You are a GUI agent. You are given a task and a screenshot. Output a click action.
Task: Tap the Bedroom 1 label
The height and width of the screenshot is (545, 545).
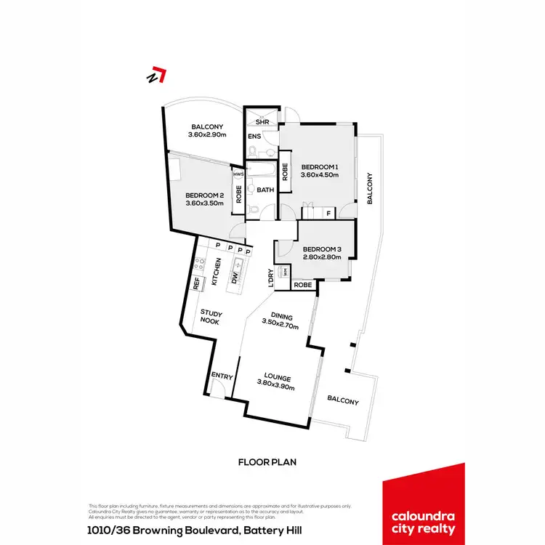pos(320,165)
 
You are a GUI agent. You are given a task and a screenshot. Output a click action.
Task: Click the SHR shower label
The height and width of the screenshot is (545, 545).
pos(262,123)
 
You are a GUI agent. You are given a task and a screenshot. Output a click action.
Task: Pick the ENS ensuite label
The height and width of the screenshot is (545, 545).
pos(255,137)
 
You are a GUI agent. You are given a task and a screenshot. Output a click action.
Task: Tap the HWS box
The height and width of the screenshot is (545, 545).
pos(238,174)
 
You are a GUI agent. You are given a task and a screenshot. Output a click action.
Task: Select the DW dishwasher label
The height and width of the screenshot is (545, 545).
pos(235,278)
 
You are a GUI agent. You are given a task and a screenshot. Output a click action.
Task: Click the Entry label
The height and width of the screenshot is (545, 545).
pos(222,376)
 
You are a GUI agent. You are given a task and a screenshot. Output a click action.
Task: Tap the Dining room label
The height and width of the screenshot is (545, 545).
pos(282,317)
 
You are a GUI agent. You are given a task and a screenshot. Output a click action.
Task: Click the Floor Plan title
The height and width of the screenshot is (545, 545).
pos(267,461)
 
